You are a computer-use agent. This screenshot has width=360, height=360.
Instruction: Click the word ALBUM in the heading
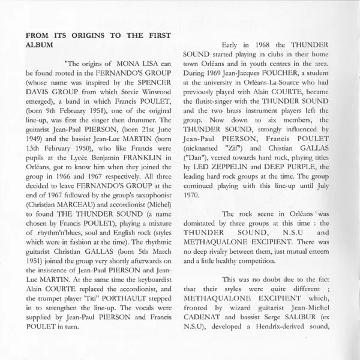click(38, 44)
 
